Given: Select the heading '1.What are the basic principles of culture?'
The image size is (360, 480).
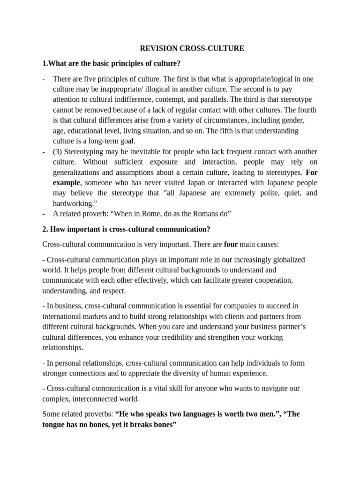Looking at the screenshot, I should click(x=111, y=63).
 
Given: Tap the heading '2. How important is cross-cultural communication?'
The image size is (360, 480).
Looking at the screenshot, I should click(x=126, y=229).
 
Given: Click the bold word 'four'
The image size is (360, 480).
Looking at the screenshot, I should click(x=231, y=244).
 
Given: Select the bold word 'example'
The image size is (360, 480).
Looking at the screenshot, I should click(x=66, y=182).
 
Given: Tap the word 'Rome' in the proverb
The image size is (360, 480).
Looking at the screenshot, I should click(x=150, y=214).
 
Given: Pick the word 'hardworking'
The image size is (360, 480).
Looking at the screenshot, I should click(x=73, y=203).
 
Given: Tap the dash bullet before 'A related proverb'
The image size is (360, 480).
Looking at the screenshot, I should click(x=44, y=214).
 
